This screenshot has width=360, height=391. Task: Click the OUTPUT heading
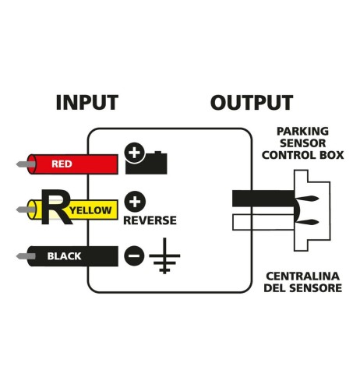pyautogui.click(x=251, y=102)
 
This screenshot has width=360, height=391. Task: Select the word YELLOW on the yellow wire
pyautogui.click(x=94, y=210)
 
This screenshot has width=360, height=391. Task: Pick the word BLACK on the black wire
pyautogui.click(x=64, y=255)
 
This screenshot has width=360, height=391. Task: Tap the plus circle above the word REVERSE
pyautogui.click(x=134, y=202)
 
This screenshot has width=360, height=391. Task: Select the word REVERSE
pyautogui.click(x=150, y=220)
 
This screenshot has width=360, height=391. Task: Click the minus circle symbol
pyautogui.click(x=134, y=255)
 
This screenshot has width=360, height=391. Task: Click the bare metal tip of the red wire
pyautogui.click(x=22, y=164)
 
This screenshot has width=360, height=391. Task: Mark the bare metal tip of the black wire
pyautogui.click(x=22, y=255)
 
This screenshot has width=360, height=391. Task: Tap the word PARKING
pyautogui.click(x=302, y=131)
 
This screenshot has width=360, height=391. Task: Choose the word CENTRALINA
pyautogui.click(x=303, y=277)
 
